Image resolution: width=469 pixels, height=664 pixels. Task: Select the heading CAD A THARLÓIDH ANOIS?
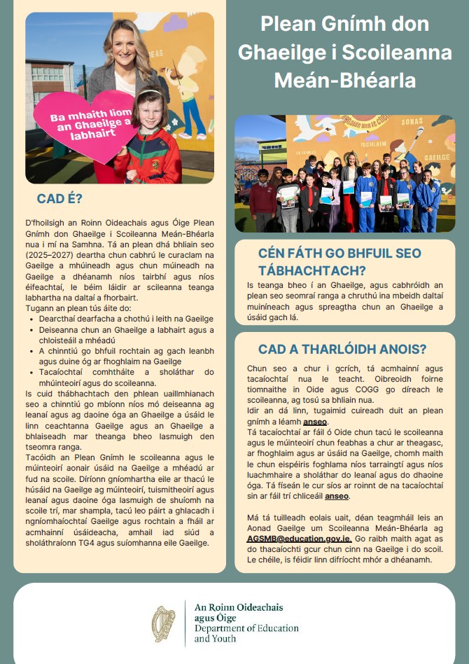[x=342, y=350]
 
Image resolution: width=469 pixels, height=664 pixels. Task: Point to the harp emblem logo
[x=164, y=623]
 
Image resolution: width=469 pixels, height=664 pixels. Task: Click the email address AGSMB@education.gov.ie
[x=300, y=539]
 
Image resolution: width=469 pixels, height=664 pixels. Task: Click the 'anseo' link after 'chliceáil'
[x=337, y=496]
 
